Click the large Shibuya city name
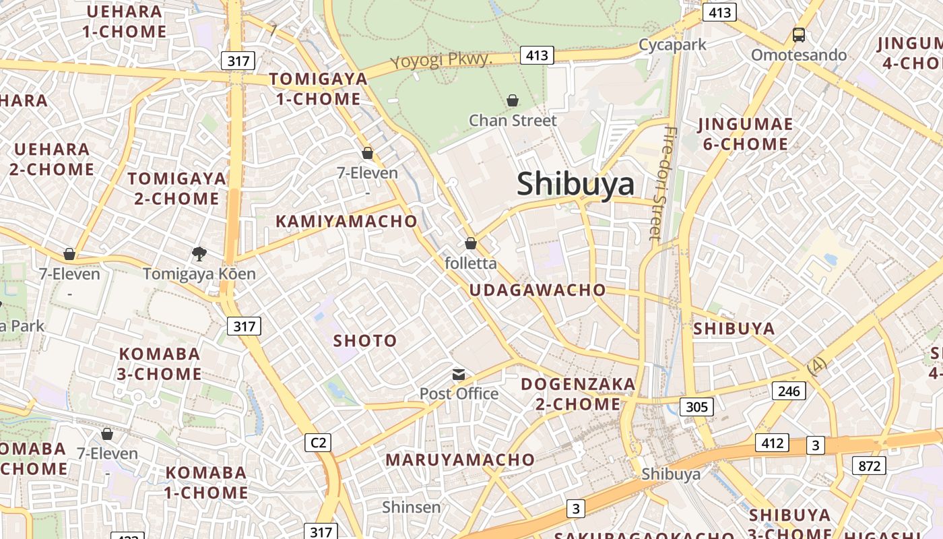click(575, 184)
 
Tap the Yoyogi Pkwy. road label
click(442, 61)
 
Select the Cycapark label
click(672, 45)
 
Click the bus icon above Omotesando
click(799, 35)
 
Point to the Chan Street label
click(513, 121)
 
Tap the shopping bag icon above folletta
click(471, 243)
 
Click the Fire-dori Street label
click(663, 183)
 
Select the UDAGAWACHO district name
click(538, 290)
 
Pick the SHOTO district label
click(365, 341)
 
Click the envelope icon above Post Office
click(459, 375)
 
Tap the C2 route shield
click(318, 443)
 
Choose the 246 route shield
click(789, 391)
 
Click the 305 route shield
click(696, 406)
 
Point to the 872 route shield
click(869, 465)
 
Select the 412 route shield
click(772, 443)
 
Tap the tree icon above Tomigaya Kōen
click(199, 254)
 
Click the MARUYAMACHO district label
click(460, 460)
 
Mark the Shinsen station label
click(412, 507)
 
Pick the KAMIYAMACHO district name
click(346, 221)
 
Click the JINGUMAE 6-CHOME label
click(746, 134)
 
